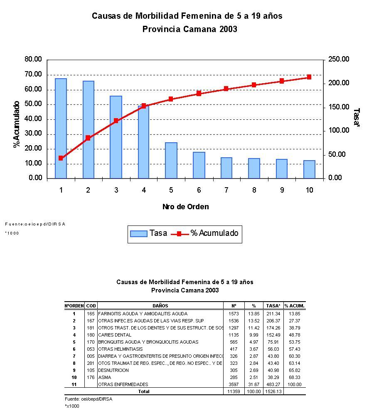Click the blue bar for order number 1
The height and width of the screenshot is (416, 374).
pos(61,128)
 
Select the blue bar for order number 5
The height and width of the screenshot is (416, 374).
pos(171,160)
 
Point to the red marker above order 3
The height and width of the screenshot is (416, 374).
pos(116,121)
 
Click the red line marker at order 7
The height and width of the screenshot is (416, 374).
pos(226,89)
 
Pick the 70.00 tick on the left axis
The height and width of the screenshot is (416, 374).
pos(34,74)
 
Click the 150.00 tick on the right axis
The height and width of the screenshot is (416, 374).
pos(339,107)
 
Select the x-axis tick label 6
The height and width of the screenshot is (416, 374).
pos(199,190)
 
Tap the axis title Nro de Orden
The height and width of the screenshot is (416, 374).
pos(185,207)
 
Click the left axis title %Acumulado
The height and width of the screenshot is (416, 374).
pos(17,124)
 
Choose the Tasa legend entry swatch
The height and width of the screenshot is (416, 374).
pos(139,233)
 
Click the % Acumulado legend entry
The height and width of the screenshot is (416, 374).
pos(214,233)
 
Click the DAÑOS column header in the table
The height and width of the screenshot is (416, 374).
pos(160,306)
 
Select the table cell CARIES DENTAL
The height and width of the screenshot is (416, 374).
pos(115,335)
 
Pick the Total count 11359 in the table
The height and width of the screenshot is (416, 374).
pos(234,391)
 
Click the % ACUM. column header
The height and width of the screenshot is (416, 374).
pos(295,306)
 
